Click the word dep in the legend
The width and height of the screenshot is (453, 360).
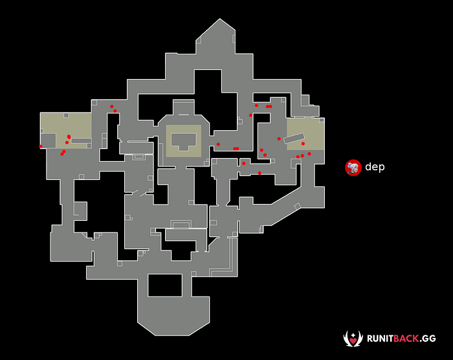coord(375,167)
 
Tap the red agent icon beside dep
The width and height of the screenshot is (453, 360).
coord(353,168)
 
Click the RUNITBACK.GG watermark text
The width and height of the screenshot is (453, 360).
coord(401,339)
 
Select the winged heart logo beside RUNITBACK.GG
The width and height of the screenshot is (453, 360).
coord(353,338)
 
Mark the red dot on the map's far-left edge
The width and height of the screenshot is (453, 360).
coord(41,146)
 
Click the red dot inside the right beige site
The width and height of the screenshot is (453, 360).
coord(303,144)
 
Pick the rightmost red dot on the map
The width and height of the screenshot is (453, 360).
coord(309,153)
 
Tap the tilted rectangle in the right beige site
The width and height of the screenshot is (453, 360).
coord(294,138)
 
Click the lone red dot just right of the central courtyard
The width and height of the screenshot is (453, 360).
coord(218,144)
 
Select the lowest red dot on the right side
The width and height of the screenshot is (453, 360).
coord(260,173)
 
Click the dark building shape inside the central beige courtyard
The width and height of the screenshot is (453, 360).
coord(184,141)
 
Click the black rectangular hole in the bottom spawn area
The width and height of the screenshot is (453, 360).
coord(165,285)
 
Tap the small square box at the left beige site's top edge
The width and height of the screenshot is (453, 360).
coord(66,115)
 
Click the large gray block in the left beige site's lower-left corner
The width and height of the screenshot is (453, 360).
coord(48,141)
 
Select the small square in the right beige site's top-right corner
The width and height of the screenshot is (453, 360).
coord(322,120)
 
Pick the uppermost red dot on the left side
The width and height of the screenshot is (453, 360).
coord(111,106)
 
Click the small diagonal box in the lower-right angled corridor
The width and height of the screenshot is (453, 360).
coord(297,207)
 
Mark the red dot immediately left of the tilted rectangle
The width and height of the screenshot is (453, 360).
coord(279,139)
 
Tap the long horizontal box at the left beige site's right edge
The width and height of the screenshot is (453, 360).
coord(81,141)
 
